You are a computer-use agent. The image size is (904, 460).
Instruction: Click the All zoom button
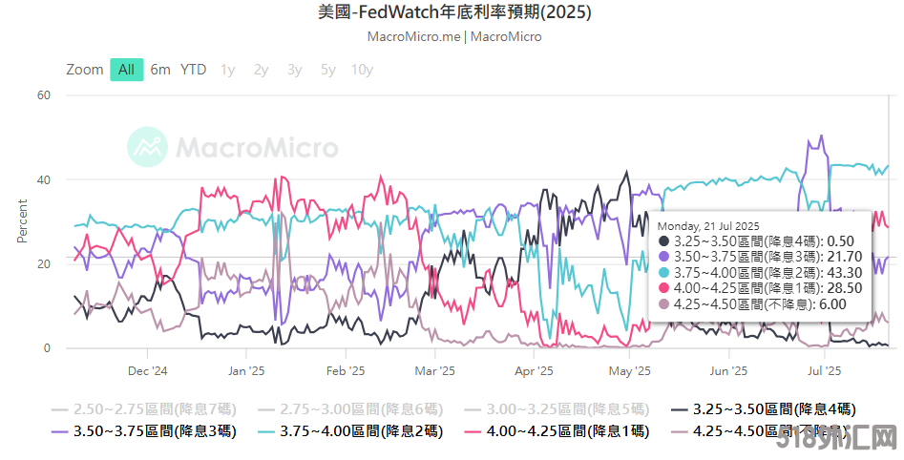click(x=126, y=70)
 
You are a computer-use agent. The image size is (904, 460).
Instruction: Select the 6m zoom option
click(x=160, y=70)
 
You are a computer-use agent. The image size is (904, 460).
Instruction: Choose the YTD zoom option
click(x=194, y=70)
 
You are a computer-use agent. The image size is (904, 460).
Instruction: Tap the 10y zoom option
click(x=362, y=70)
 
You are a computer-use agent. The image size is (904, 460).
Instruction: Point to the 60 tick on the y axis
click(x=44, y=95)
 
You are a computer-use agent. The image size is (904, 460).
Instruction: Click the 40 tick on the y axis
click(x=44, y=180)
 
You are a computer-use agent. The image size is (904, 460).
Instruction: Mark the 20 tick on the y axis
click(x=44, y=264)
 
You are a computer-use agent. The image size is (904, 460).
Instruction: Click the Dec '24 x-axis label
click(x=147, y=371)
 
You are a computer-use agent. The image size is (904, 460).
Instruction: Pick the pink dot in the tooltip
click(x=663, y=287)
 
